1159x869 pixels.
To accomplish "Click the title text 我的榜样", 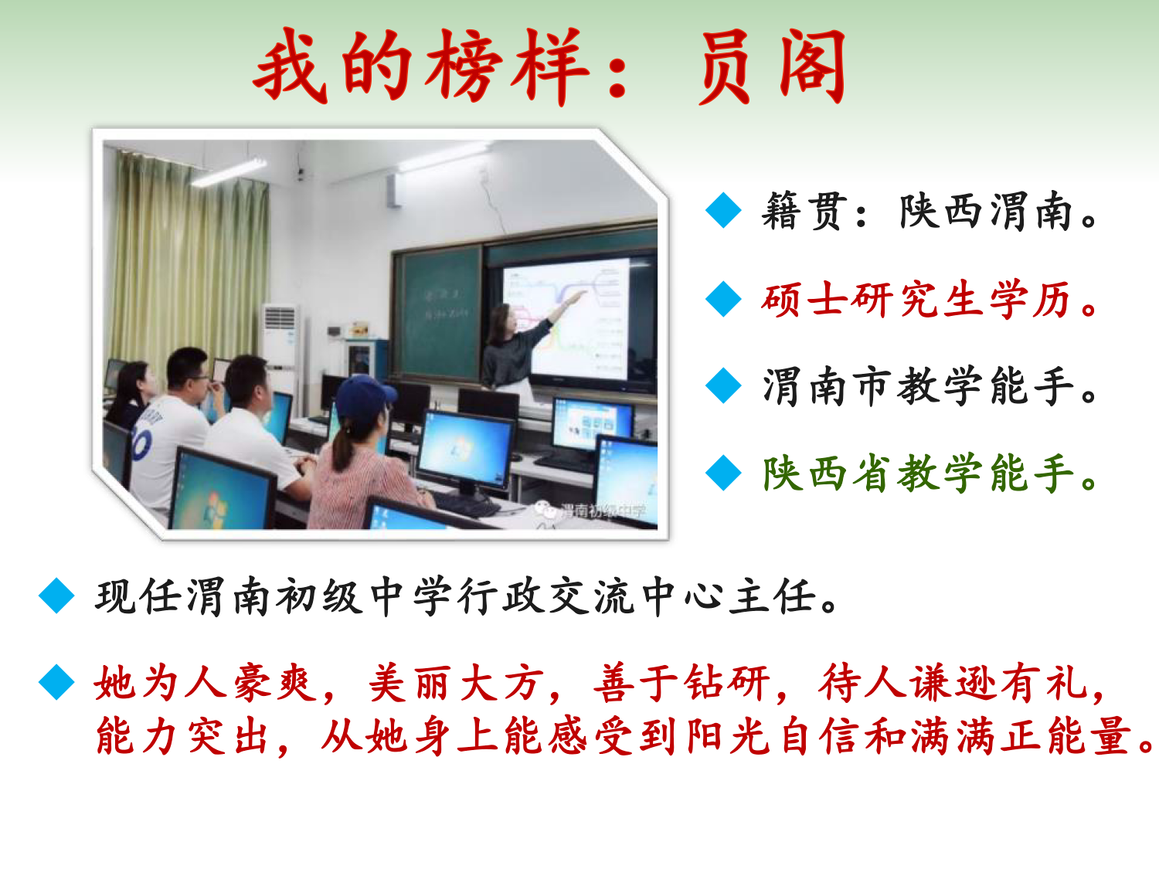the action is [421, 66].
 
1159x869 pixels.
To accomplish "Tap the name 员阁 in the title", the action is [773, 66].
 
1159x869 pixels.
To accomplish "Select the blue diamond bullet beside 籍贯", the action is [723, 211].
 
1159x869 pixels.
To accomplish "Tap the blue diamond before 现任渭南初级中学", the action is [56, 596].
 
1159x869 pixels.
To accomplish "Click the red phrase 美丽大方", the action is [456, 684].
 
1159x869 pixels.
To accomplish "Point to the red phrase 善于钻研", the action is [681, 684].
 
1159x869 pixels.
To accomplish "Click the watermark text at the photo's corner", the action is [591, 511].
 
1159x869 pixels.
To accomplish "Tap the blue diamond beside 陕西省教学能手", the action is [723, 473].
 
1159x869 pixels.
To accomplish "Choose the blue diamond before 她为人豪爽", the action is [56, 682].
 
